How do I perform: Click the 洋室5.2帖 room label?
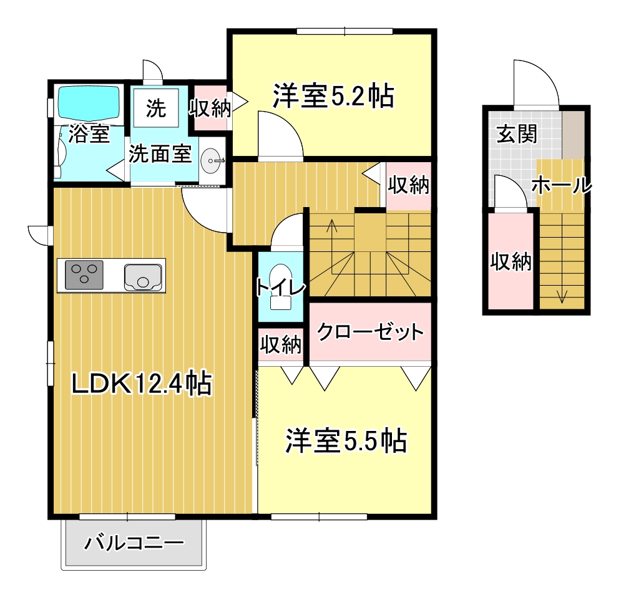[x=333, y=96]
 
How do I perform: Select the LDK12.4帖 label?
[x=141, y=383]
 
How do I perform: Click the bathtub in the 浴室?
[x=89, y=102]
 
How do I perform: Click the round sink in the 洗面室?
[x=212, y=162]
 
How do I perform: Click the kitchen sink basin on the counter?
[x=144, y=276]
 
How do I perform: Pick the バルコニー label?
[x=134, y=542]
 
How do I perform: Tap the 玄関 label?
[x=516, y=133]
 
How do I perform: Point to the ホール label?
[x=560, y=185]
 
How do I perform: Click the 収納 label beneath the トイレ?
[x=281, y=344]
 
